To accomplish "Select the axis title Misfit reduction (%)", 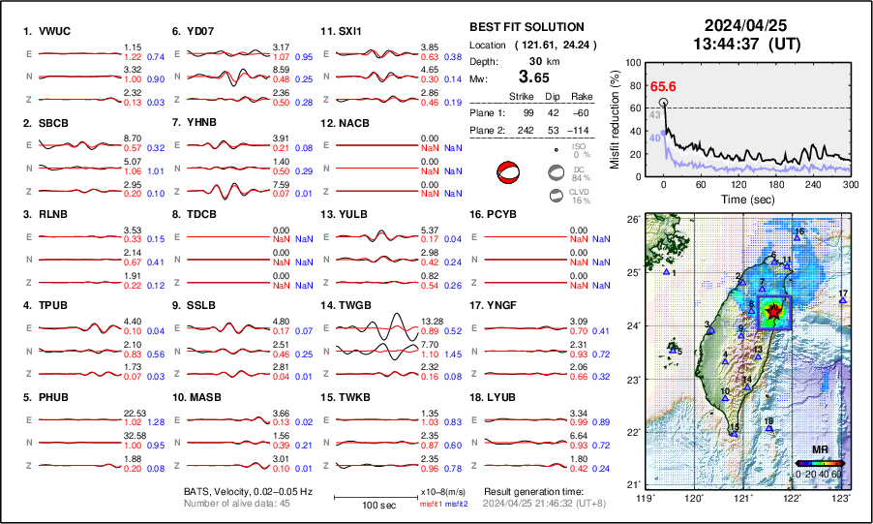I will point(615,117).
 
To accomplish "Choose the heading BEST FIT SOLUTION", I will point(526,27).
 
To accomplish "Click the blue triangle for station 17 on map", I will point(843,301).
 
